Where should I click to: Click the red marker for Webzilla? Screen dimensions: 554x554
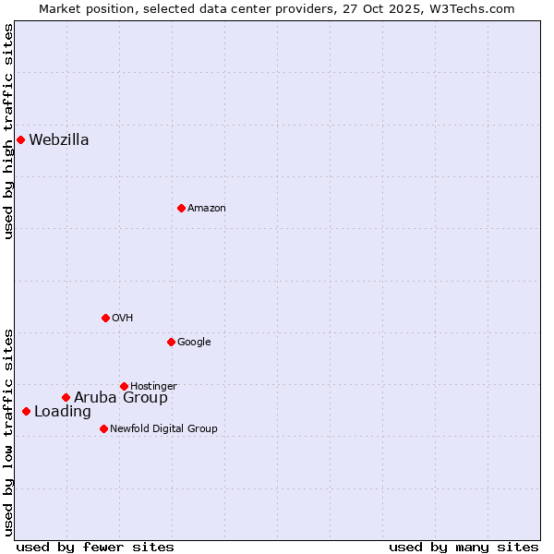[x=20, y=139]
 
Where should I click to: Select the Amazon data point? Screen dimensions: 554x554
[x=181, y=208]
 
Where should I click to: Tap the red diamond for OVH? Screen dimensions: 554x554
[x=105, y=318]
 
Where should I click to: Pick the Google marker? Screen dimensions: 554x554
[x=171, y=342]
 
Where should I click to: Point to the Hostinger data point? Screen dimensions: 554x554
[x=124, y=386]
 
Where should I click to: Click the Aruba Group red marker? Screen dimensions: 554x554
[x=66, y=397]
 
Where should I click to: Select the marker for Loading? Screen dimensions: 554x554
[x=26, y=411]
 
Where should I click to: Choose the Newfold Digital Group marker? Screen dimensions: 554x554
[x=103, y=428]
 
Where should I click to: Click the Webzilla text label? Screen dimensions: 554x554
[x=59, y=140]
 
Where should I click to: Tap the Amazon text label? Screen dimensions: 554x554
[x=207, y=209]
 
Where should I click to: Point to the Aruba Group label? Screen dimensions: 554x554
[x=121, y=398]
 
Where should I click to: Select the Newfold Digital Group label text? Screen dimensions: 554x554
[x=163, y=428]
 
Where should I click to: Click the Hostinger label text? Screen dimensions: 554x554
[x=153, y=386]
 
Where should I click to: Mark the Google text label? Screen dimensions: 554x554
[x=194, y=343]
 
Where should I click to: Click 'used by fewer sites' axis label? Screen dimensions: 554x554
[x=95, y=547]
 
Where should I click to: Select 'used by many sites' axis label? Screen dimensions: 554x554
[x=464, y=547]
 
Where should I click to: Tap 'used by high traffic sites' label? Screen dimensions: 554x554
[x=8, y=131]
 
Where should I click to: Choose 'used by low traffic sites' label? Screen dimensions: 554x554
[x=8, y=431]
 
